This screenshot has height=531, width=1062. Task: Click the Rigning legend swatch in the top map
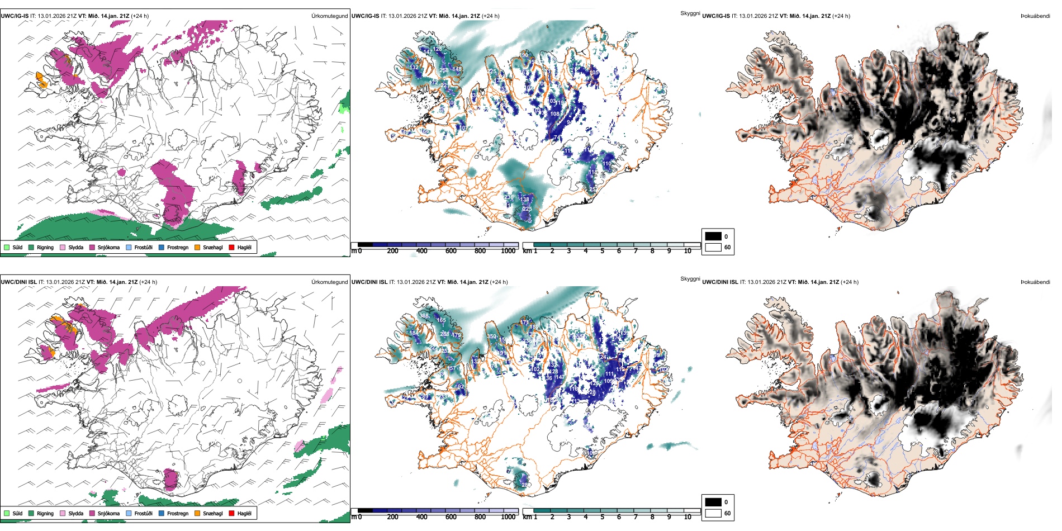point(31,247)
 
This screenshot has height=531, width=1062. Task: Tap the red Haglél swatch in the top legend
point(231,247)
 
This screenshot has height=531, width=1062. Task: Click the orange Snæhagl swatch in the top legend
point(197,247)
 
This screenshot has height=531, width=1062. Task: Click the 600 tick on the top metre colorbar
point(451,251)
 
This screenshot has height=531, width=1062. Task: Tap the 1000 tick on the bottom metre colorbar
point(508,517)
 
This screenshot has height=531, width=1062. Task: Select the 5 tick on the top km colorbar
point(602,251)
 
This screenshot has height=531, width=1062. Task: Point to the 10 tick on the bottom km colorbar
point(688,517)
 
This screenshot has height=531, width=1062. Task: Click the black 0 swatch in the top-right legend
point(713,236)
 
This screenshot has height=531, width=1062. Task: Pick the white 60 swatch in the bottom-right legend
point(713,513)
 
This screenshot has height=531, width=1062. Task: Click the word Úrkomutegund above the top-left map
point(329,16)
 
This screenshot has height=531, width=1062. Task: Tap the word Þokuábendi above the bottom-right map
point(1035,282)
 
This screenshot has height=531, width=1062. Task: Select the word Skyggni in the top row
point(690,13)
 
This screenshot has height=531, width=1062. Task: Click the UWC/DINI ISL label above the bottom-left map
point(18,282)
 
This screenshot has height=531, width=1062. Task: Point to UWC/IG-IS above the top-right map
point(716,16)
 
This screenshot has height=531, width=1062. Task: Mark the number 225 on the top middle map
point(527,208)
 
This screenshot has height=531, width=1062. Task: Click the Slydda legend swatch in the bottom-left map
point(63,513)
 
